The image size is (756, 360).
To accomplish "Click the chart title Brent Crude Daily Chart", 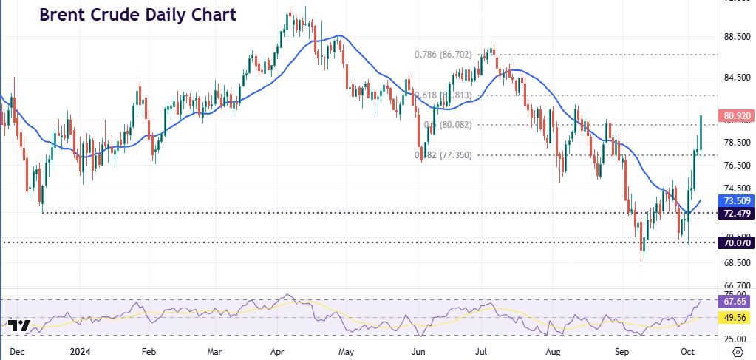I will pos(137,15).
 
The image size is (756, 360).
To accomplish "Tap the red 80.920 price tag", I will pos(735,116).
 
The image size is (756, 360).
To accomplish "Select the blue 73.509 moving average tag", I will pos(735,200).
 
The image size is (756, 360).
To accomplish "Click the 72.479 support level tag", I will pos(735,213).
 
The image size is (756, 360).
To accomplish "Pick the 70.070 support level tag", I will pos(735,242).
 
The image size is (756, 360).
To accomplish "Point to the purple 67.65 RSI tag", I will pos(735,301).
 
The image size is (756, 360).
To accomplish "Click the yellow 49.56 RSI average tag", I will pos(735,318).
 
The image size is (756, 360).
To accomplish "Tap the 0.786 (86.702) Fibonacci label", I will pos(443,54).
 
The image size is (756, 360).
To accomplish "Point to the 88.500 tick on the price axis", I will pos(736,38).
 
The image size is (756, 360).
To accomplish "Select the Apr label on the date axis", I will pos(279,352).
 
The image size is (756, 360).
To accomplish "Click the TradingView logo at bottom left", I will pos(19,326).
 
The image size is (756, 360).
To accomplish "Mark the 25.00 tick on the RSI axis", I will pos(736,339).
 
